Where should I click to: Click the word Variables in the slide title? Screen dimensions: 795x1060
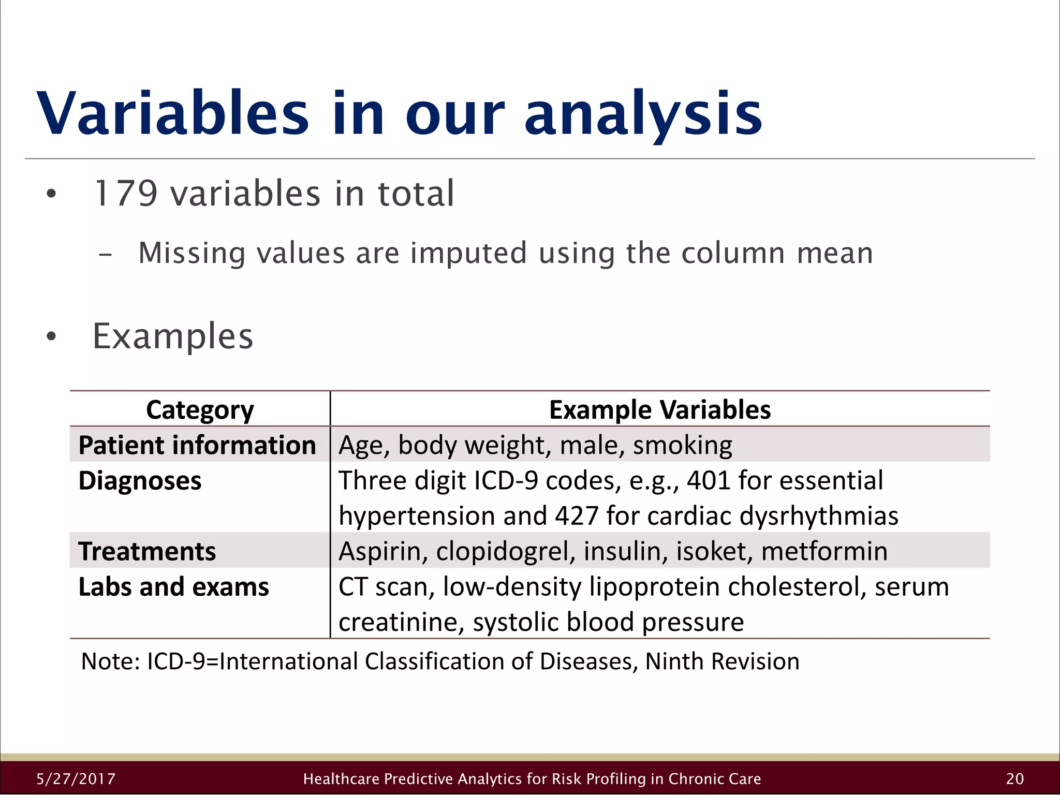tap(173, 113)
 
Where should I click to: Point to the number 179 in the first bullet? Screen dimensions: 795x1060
tap(125, 194)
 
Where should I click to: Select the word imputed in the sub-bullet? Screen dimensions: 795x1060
tap(468, 253)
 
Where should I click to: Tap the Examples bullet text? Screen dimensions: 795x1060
tap(173, 336)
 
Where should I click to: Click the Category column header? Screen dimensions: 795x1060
tap(200, 410)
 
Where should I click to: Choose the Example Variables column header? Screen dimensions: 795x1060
tap(659, 410)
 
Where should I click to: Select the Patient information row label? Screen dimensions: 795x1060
tap(197, 445)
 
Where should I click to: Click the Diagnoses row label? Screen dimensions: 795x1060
tap(140, 481)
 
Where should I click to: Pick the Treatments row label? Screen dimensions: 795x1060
tap(147, 551)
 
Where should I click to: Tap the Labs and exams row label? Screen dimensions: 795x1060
tap(173, 587)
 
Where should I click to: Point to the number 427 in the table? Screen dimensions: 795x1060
tap(577, 516)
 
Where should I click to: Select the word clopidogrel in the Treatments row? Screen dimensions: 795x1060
tap(505, 551)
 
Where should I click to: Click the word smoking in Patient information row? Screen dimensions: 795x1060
tap(682, 446)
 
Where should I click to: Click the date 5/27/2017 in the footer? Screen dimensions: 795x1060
tap(76, 779)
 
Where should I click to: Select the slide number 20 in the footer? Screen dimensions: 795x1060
tap(1015, 779)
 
